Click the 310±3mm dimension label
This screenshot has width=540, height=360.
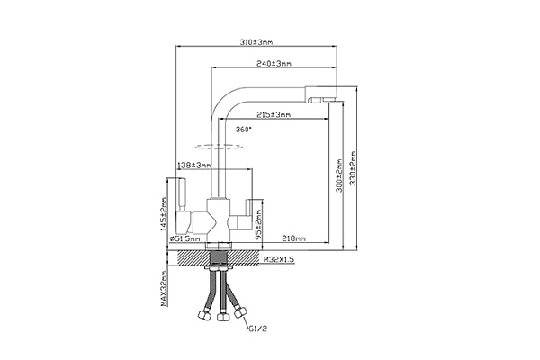256,42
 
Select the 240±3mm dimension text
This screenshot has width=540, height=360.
274,63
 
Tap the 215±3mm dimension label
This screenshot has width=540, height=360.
274,114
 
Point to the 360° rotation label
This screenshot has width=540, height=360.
244,130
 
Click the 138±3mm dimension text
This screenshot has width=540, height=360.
194,166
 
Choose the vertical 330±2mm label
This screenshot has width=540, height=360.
353,168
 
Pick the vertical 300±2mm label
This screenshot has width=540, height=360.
339,175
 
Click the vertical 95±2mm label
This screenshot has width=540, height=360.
258,225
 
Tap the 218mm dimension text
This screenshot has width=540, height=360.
293,238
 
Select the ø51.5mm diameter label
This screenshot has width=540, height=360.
184,238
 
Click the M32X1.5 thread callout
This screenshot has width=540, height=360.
279,259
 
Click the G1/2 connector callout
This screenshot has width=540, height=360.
257,328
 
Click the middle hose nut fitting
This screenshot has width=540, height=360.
223,316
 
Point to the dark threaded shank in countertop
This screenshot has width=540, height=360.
219,258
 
